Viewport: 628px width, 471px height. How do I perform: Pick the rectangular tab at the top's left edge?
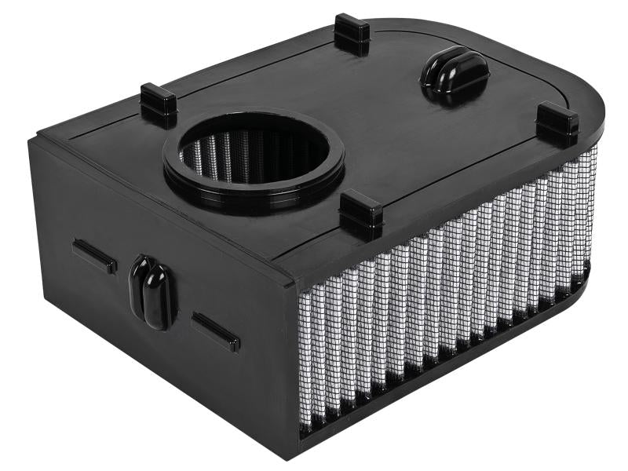[159, 104]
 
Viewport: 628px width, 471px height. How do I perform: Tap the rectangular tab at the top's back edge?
[351, 34]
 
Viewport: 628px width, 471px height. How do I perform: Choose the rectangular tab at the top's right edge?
[557, 123]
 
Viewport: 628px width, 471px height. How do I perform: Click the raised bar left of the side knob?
[95, 256]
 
